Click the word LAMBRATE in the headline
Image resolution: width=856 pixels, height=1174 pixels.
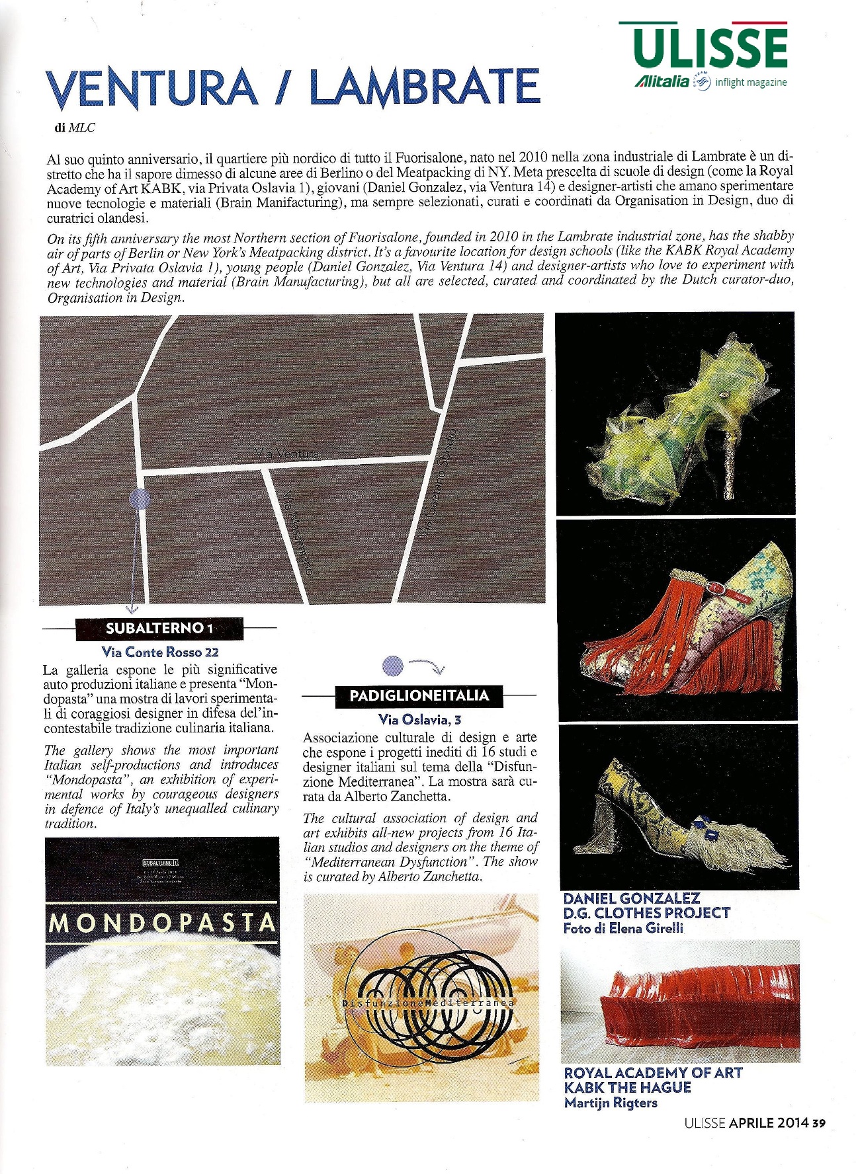[x=425, y=87]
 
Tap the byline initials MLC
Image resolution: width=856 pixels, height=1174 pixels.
[x=82, y=128]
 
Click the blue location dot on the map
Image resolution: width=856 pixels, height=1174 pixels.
[x=140, y=498]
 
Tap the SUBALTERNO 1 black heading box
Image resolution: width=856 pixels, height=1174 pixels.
[x=159, y=628]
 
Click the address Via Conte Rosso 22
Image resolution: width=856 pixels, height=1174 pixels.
[x=160, y=652]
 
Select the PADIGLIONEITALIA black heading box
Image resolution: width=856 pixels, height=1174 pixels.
[x=419, y=695]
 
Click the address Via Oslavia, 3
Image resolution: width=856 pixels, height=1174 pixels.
[x=419, y=719]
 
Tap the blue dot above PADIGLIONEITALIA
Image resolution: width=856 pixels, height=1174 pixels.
[x=393, y=665]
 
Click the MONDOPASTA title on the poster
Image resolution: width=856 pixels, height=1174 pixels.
[x=162, y=922]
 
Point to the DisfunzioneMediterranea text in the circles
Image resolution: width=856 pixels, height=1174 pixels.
[x=428, y=1003]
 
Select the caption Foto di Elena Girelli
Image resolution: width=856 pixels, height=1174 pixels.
[x=623, y=929]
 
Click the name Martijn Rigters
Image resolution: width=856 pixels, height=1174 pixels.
[x=610, y=1103]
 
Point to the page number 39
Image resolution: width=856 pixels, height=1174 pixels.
[x=819, y=1122]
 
